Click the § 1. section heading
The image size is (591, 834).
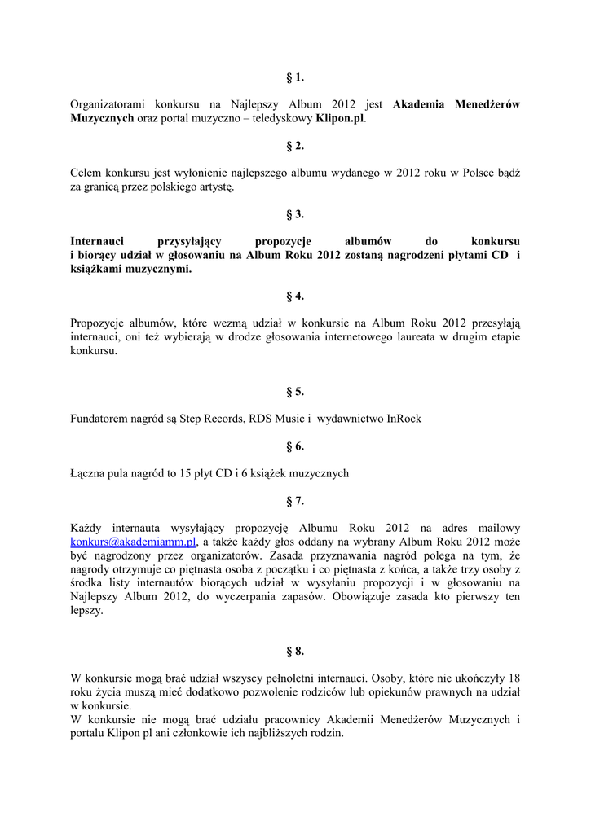click(x=295, y=78)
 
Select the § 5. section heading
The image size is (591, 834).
click(x=295, y=392)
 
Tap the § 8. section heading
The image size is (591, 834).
click(x=295, y=651)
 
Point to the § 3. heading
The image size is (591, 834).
click(x=295, y=214)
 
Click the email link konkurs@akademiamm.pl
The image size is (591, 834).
click(x=134, y=542)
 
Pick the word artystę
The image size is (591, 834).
click(x=214, y=187)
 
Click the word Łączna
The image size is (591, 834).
click(x=88, y=473)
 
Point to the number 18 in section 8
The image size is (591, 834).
click(x=514, y=678)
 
